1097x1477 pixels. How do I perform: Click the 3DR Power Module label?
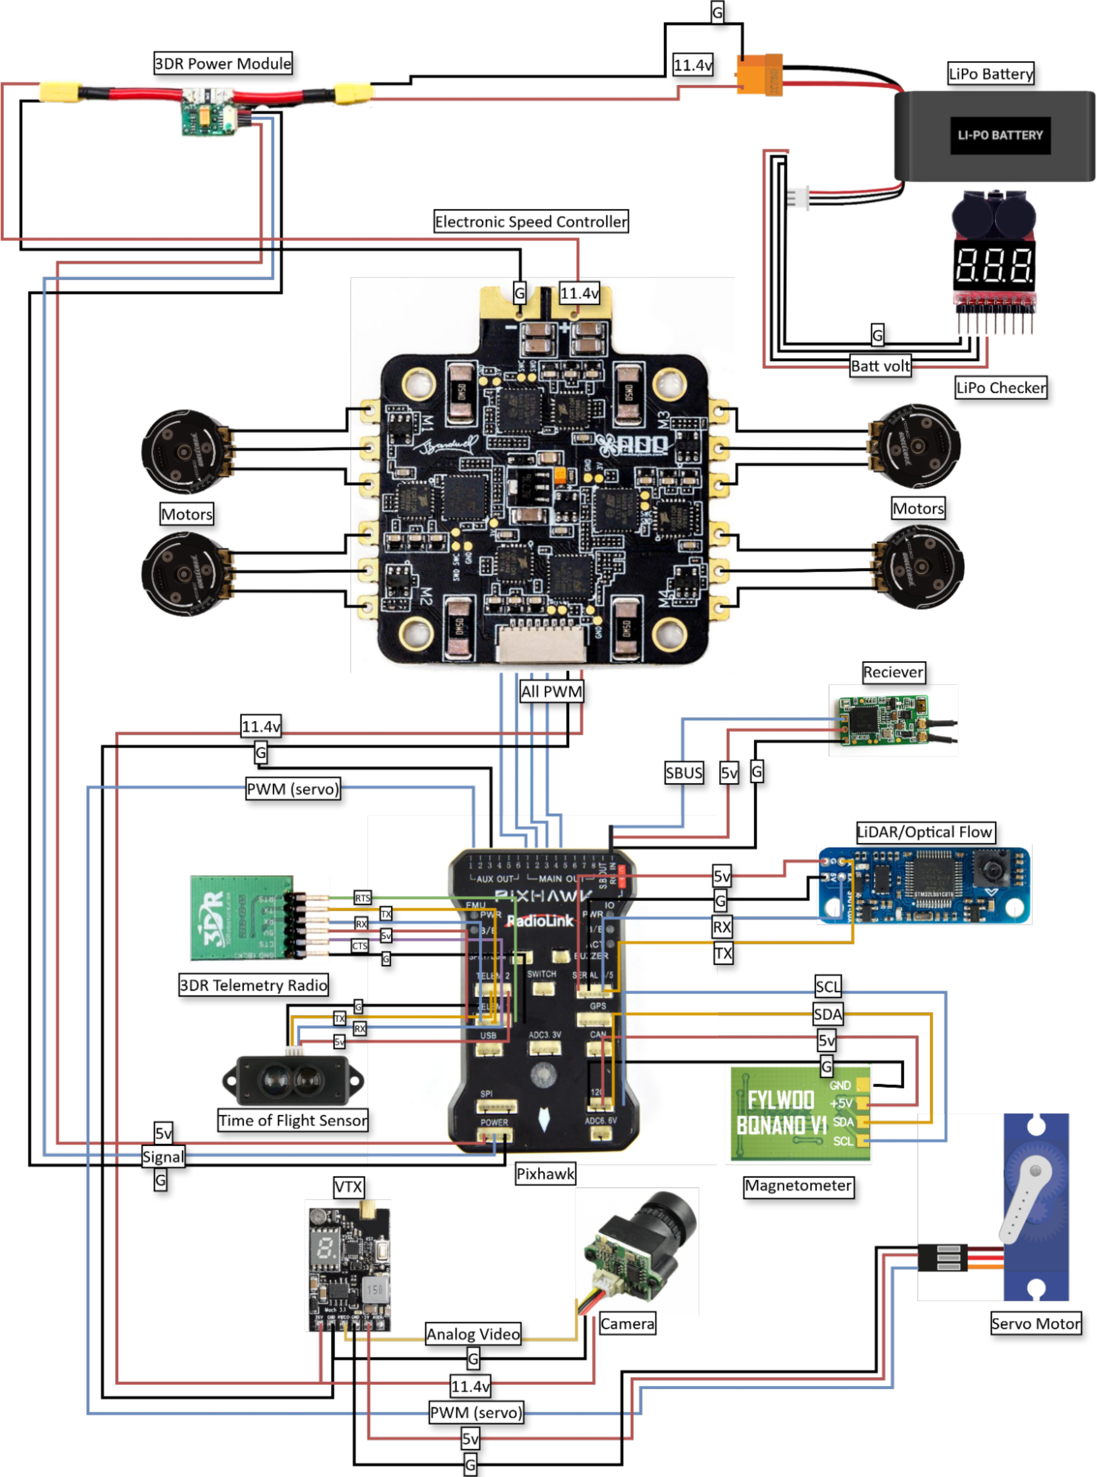[223, 64]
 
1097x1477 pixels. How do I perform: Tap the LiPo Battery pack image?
[994, 135]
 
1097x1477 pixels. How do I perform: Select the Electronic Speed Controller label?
[531, 222]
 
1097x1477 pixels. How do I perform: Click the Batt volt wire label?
[880, 366]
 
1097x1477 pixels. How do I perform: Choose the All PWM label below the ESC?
[551, 692]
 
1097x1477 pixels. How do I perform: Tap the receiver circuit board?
[883, 720]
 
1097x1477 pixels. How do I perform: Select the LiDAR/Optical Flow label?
[924, 832]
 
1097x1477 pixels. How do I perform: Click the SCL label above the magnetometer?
[827, 986]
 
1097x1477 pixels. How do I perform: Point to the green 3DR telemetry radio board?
[240, 917]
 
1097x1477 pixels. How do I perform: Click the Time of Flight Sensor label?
[293, 1120]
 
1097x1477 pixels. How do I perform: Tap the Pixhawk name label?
[545, 1174]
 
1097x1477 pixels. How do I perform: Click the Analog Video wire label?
[473, 1334]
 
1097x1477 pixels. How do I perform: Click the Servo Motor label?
[1035, 1324]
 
